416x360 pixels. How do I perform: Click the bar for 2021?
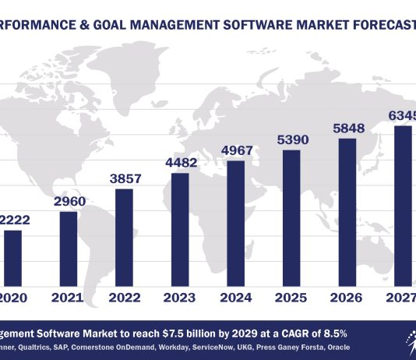[x=69, y=247]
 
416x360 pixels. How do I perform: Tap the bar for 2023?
[x=179, y=228]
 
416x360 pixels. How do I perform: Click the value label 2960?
[x=69, y=203]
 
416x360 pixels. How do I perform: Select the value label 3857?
[x=124, y=179]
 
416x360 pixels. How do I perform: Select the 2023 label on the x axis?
[x=179, y=297]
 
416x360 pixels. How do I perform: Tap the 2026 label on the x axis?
[x=345, y=297]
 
